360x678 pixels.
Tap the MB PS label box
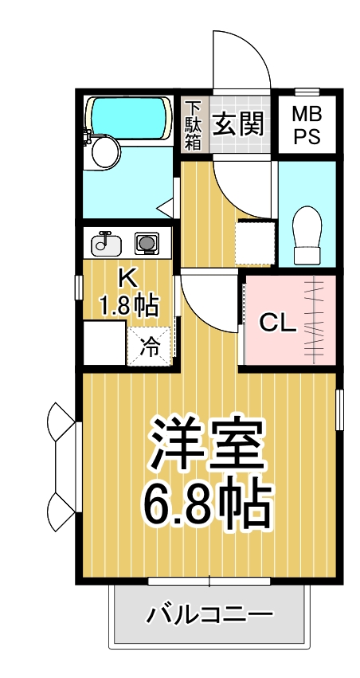[307, 124]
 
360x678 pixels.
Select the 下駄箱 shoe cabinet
[194, 124]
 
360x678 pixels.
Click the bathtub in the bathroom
[128, 116]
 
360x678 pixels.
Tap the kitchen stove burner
[146, 241]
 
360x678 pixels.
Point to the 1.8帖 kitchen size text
[127, 304]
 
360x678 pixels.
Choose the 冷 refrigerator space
[150, 344]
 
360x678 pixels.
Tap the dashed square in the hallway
[254, 241]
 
